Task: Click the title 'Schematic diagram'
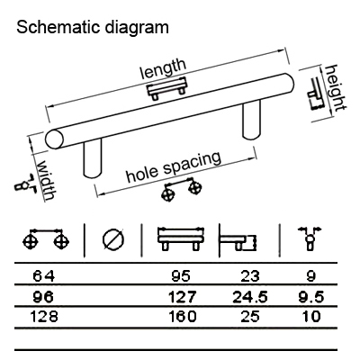click(93, 28)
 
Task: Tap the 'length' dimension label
click(164, 68)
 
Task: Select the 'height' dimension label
click(336, 87)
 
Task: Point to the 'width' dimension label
click(46, 181)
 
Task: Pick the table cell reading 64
click(44, 276)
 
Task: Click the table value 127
click(182, 296)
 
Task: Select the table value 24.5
click(250, 297)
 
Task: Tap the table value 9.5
click(311, 297)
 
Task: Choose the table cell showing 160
click(183, 317)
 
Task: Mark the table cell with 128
click(44, 317)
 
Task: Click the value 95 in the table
click(181, 276)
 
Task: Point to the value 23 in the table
click(250, 276)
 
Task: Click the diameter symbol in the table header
click(113, 240)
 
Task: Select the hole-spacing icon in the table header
click(46, 239)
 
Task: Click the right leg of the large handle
click(251, 120)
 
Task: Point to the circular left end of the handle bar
click(55, 139)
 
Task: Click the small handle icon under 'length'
click(166, 89)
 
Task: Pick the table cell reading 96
click(44, 297)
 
